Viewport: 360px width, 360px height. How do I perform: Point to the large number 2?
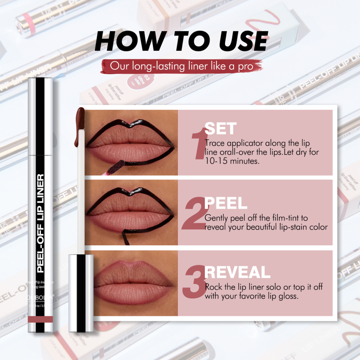coord(195,215)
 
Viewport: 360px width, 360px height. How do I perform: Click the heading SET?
coord(220,129)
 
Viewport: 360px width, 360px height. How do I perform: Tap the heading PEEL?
coord(226,203)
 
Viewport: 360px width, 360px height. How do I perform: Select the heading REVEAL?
coord(238,272)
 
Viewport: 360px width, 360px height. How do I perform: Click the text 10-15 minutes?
coord(233,161)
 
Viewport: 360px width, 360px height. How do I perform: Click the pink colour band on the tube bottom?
coord(40,319)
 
